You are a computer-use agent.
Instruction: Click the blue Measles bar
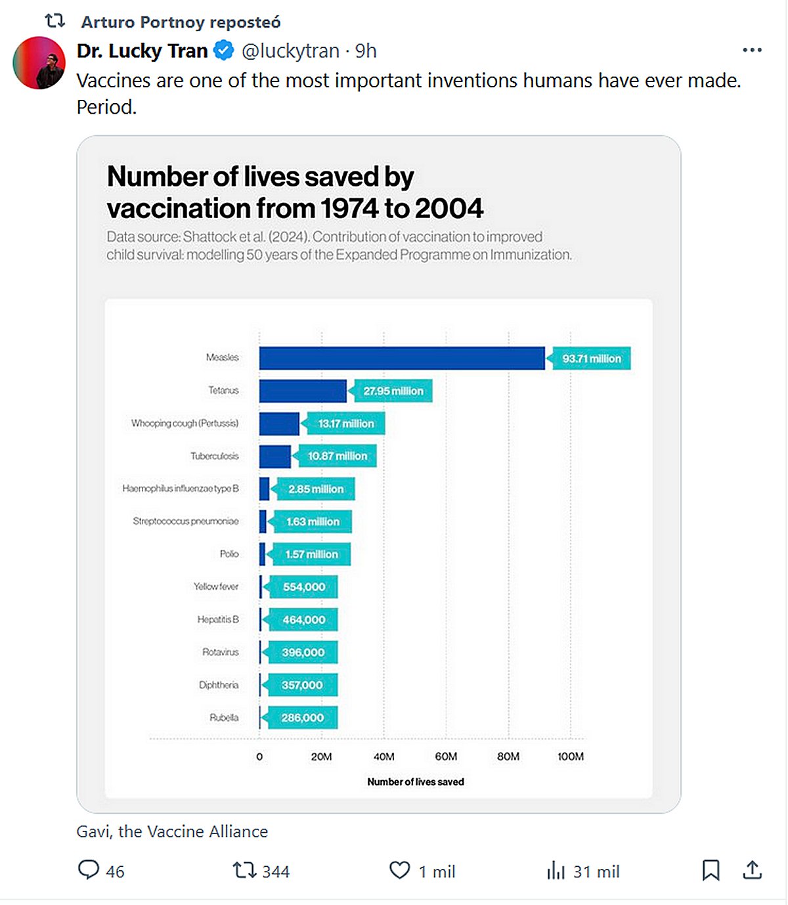click(402, 359)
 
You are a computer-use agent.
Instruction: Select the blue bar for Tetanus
click(303, 391)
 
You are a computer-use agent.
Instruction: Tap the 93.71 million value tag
click(592, 359)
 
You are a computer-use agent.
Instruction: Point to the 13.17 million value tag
click(346, 424)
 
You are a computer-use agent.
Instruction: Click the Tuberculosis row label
click(215, 456)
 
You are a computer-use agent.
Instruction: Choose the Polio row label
click(229, 554)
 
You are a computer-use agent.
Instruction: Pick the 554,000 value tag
click(304, 587)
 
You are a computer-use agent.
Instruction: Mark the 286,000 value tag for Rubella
click(303, 718)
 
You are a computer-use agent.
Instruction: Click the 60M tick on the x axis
click(446, 757)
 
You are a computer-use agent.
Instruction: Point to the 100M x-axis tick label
click(571, 757)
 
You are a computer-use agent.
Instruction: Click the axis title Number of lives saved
click(416, 782)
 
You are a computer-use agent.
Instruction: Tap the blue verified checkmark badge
click(225, 51)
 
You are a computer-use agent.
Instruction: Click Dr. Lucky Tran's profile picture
click(39, 62)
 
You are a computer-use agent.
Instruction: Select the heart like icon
click(399, 871)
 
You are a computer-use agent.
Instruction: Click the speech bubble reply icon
click(89, 870)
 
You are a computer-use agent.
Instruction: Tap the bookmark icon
click(711, 871)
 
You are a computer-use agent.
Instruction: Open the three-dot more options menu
click(752, 50)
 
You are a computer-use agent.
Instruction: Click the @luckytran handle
click(290, 51)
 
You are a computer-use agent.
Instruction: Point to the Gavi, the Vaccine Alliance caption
click(172, 831)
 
